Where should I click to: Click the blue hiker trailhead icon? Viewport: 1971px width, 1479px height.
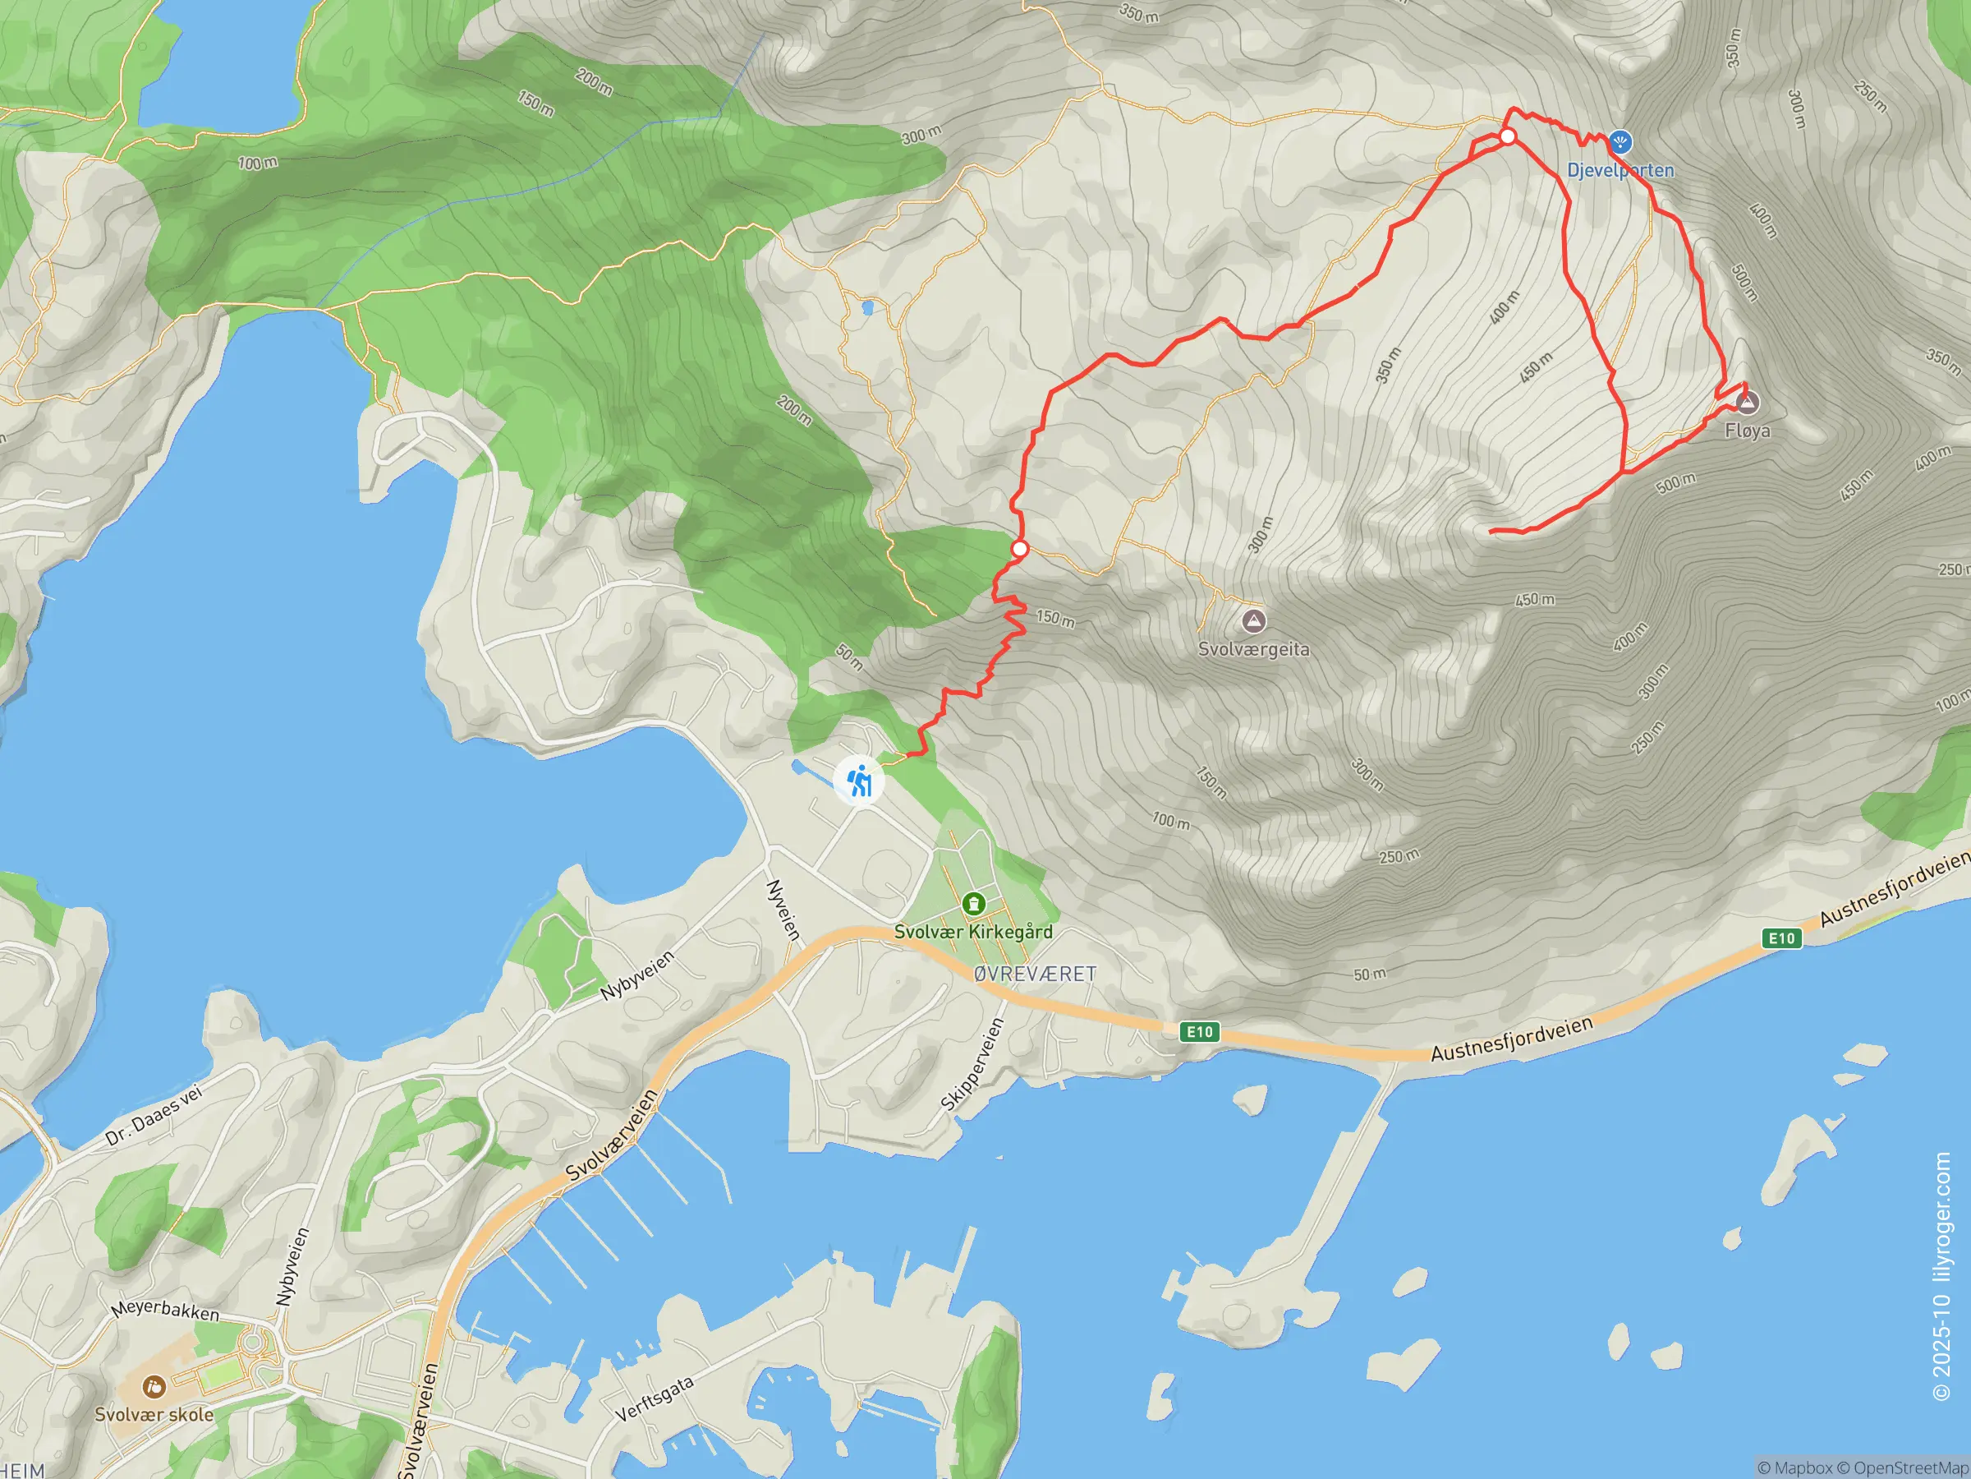859,781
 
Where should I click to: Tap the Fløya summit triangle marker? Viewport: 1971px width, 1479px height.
1748,403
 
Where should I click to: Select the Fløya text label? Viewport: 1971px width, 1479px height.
1748,431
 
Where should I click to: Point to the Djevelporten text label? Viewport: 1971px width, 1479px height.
1620,170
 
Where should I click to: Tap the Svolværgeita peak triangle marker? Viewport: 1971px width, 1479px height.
1254,620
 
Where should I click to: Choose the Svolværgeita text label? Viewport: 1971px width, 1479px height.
1254,649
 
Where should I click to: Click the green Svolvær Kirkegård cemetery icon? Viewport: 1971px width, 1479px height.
974,905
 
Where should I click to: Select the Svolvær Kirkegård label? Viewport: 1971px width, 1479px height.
973,932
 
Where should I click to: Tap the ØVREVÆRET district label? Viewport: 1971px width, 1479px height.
1035,974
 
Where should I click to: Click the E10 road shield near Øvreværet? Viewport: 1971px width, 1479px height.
1199,1031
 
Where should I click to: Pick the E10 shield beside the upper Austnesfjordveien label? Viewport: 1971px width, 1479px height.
1781,938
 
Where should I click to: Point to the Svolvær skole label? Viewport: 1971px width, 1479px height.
154,1415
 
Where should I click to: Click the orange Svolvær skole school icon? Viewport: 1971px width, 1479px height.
154,1387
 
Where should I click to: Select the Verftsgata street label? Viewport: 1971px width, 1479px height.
654,1399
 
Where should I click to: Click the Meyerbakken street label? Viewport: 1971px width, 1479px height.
165,1311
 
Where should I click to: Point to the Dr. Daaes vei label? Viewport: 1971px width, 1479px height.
154,1115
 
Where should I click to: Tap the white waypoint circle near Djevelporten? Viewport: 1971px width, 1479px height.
1508,136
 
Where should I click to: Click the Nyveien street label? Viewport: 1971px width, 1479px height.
783,910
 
